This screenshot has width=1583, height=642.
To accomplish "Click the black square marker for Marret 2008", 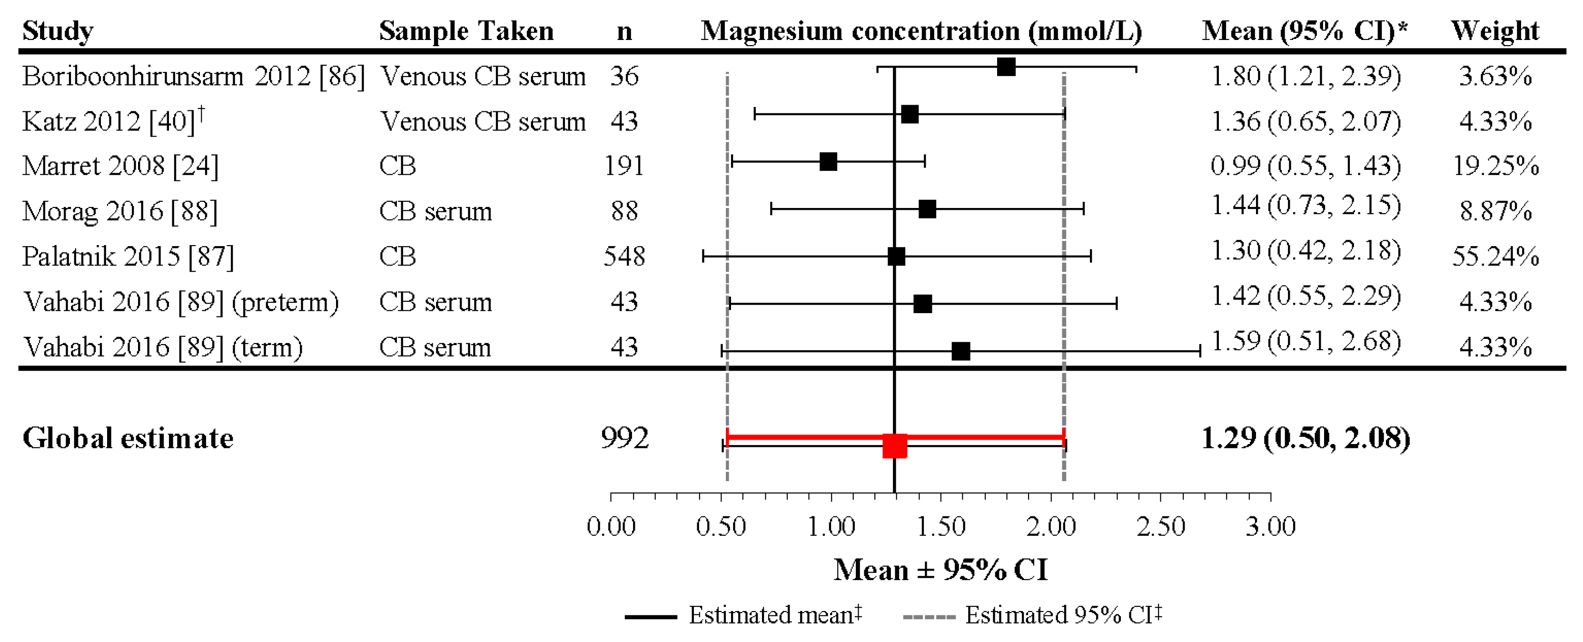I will click(828, 162).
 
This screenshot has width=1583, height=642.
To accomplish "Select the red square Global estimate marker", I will click(895, 446).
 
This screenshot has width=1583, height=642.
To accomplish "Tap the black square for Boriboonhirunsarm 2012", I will click(1006, 67).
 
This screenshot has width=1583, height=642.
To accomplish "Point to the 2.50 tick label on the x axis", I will click(1161, 526).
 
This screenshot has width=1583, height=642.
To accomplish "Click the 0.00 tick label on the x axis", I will click(611, 526).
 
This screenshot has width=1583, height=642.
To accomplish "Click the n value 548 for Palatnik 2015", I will click(624, 256).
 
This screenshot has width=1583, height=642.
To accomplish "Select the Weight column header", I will click(1494, 31).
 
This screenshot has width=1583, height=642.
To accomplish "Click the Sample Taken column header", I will click(466, 31).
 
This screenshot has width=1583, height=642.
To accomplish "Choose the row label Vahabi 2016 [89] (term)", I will click(163, 347).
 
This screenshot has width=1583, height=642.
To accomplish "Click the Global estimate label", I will click(128, 438).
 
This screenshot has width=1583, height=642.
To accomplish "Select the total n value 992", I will click(624, 438).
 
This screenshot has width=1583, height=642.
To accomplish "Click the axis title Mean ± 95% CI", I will click(940, 570).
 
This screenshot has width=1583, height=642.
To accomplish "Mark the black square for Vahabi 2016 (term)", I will click(960, 351).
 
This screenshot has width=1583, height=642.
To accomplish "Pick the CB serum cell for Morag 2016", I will click(435, 211).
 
